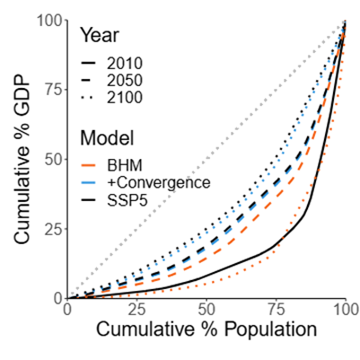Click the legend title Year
click(100, 35)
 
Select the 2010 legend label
click(125, 64)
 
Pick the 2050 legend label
click(125, 81)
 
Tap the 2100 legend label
click(125, 98)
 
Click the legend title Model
click(107, 138)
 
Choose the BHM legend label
click(125, 165)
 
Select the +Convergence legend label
click(158, 182)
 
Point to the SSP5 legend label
click(127, 200)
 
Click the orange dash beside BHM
click(88, 165)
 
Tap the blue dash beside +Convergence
click(88, 182)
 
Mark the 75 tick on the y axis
click(53, 90)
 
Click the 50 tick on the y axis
click(53, 159)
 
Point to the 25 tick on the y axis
click(53, 229)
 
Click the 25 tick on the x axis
click(137, 310)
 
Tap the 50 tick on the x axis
click(206, 310)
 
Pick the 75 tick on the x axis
click(277, 310)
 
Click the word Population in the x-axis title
click(270, 329)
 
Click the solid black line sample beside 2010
click(88, 64)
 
